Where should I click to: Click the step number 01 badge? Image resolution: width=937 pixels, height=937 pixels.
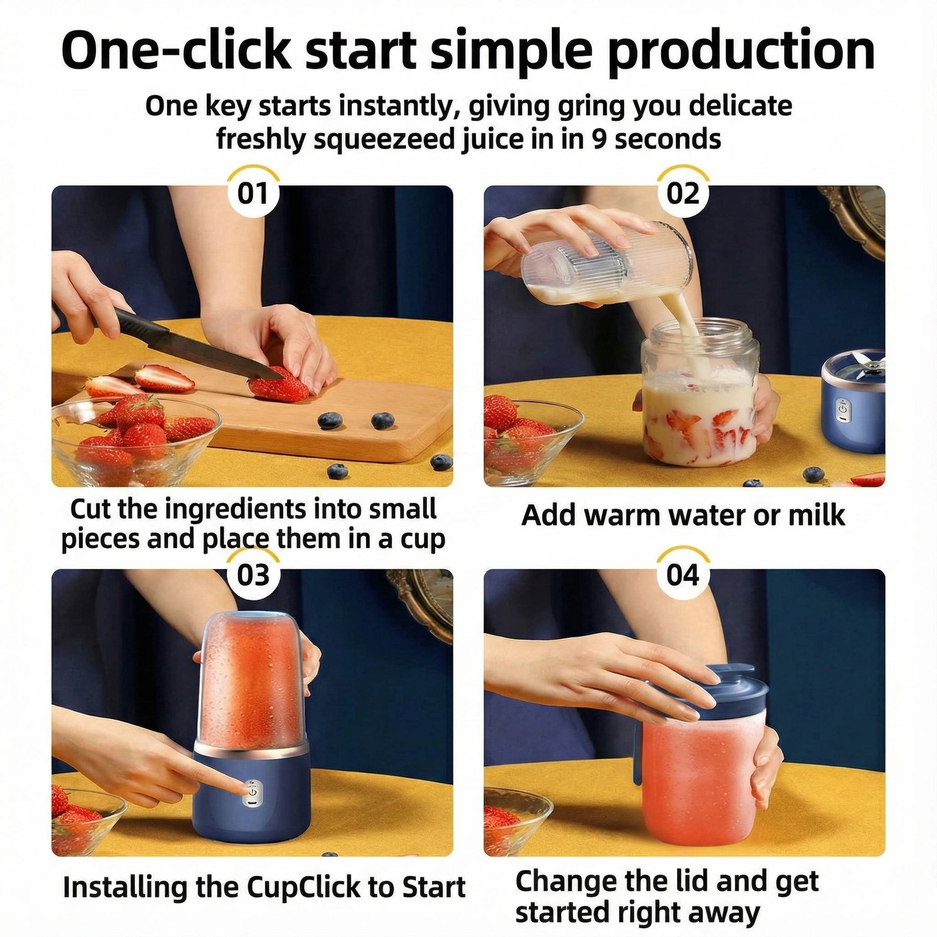(253, 193)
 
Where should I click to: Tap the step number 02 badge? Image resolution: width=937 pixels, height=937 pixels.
(683, 193)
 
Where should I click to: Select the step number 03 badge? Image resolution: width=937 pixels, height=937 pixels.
(253, 575)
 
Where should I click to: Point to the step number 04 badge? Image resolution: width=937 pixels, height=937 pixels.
(683, 575)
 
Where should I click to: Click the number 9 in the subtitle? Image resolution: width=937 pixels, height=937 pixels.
(600, 139)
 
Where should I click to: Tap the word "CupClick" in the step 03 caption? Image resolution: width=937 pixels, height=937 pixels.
(303, 887)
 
